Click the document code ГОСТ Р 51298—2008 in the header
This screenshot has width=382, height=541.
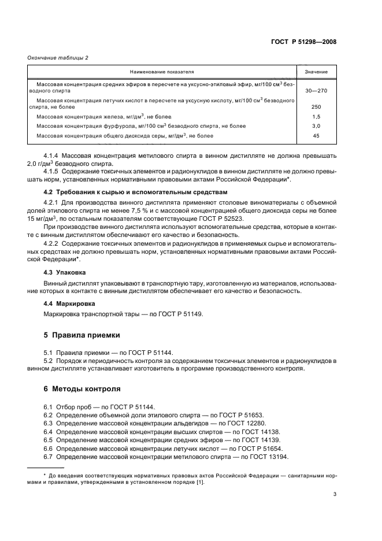304,42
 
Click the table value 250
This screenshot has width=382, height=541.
316,107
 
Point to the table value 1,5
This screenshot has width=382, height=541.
316,116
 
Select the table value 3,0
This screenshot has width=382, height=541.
316,125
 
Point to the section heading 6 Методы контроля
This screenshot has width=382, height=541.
83,388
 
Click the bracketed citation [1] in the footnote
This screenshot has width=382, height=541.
199,479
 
